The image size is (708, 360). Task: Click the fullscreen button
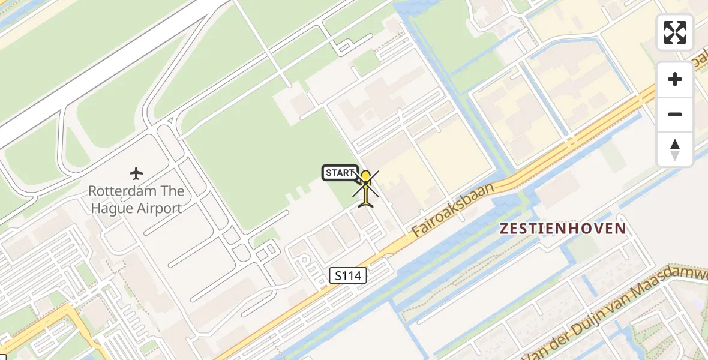pyautogui.click(x=675, y=32)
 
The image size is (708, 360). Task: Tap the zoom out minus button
pyautogui.click(x=675, y=114)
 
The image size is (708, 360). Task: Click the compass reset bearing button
pyautogui.click(x=675, y=149)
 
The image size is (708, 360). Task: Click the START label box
pyautogui.click(x=340, y=173)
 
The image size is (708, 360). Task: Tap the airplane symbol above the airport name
pyautogui.click(x=136, y=174)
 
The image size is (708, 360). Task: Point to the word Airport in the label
pyautogui.click(x=159, y=209)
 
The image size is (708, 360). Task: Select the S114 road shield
pyautogui.click(x=348, y=276)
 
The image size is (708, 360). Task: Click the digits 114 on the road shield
pyautogui.click(x=352, y=276)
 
